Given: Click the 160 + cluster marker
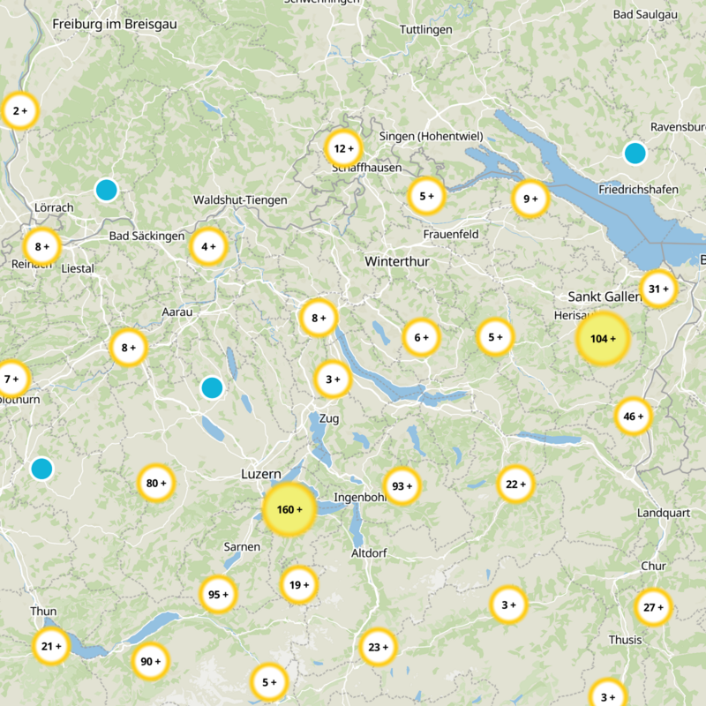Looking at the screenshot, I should click(x=289, y=510).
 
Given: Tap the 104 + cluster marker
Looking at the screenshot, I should click(x=604, y=339).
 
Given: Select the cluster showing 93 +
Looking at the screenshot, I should click(x=402, y=486).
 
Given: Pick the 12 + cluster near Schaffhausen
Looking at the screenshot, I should click(x=343, y=148).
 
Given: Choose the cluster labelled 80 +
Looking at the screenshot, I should click(x=156, y=484).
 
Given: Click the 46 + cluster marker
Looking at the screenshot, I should click(x=634, y=417).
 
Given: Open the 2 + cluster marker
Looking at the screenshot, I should click(x=19, y=111).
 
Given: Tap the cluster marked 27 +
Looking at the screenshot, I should click(x=654, y=607).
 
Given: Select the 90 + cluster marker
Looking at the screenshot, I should click(x=150, y=661).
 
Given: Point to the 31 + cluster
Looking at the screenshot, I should click(x=658, y=289).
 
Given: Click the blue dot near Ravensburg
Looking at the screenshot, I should click(x=635, y=153).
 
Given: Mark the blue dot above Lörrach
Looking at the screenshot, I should click(x=106, y=190).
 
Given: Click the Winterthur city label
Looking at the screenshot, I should click(x=396, y=262).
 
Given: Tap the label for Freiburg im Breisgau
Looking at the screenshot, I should click(x=115, y=25).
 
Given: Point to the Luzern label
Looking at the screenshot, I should click(x=260, y=474).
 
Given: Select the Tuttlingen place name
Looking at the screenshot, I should click(x=425, y=30).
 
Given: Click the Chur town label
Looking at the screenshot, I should click(x=653, y=566).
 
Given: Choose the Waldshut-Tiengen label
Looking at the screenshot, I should click(x=240, y=200).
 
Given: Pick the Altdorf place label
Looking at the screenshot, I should click(x=370, y=553).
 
